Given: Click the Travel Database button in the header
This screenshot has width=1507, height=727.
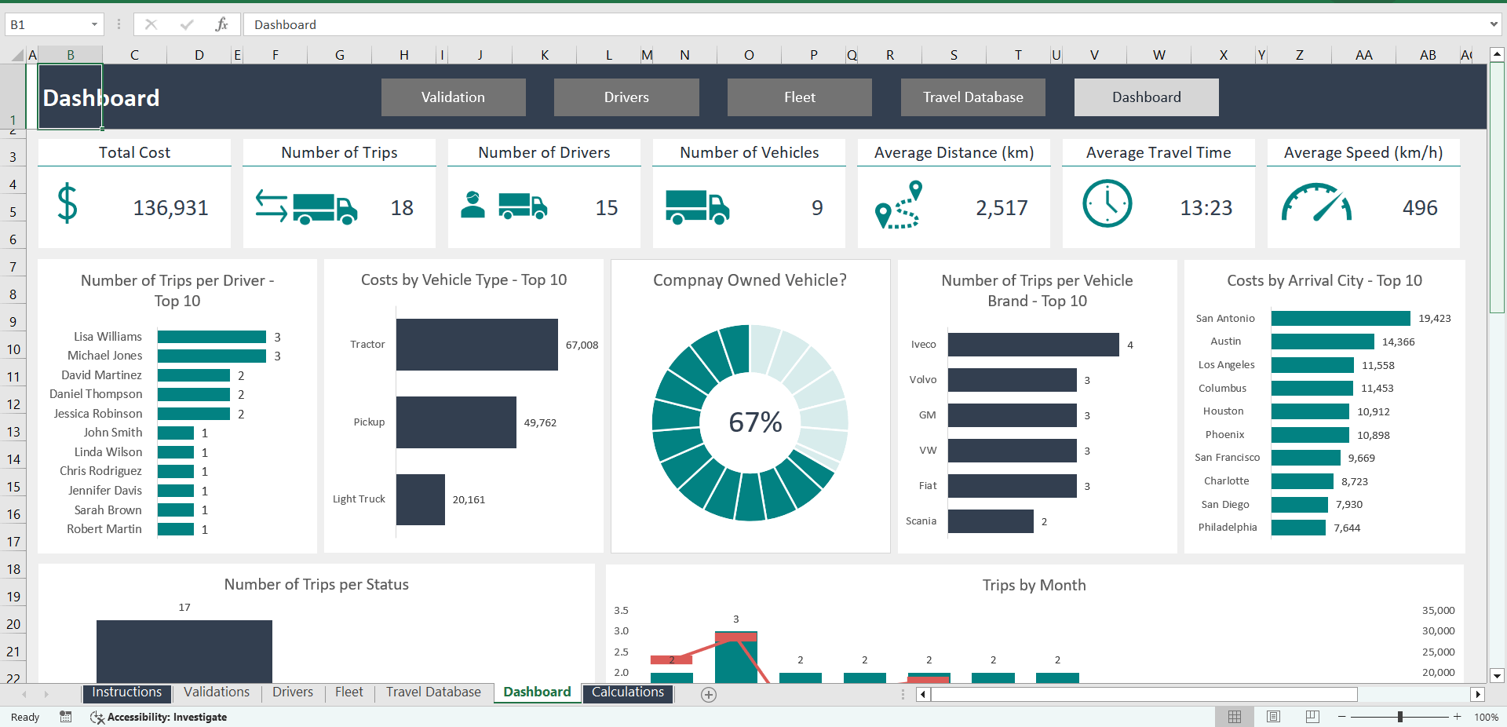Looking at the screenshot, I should point(972,97).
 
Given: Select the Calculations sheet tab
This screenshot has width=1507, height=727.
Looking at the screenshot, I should point(627,692).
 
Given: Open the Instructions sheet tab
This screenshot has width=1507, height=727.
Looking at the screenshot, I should point(126,692).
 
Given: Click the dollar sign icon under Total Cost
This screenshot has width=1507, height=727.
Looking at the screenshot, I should point(68,204).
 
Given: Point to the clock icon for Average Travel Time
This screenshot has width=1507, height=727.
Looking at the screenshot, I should point(1107,204).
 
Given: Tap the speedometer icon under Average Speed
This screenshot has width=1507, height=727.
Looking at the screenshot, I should point(1316,203).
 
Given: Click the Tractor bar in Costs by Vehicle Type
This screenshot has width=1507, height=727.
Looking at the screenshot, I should point(476,345).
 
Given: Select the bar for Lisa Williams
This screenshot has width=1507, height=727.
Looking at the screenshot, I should point(211,337).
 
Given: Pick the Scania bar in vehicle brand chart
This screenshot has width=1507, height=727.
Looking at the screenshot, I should point(990,521).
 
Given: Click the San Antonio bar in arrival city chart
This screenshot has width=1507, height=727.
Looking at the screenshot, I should point(1340,318).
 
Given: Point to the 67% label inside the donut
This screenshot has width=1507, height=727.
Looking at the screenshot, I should point(755,422).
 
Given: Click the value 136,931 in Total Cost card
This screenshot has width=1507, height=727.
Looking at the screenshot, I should point(170,208).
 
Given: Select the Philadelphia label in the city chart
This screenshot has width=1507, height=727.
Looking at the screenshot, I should point(1227,528).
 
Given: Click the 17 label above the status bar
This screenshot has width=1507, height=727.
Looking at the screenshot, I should point(184,608).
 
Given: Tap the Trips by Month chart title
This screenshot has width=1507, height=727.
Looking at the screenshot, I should point(1034,585).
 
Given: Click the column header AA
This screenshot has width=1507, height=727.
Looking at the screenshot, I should point(1363,55).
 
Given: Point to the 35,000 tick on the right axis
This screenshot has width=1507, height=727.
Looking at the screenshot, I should point(1438,610).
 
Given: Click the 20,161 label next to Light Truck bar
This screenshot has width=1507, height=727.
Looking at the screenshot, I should point(469,500).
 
